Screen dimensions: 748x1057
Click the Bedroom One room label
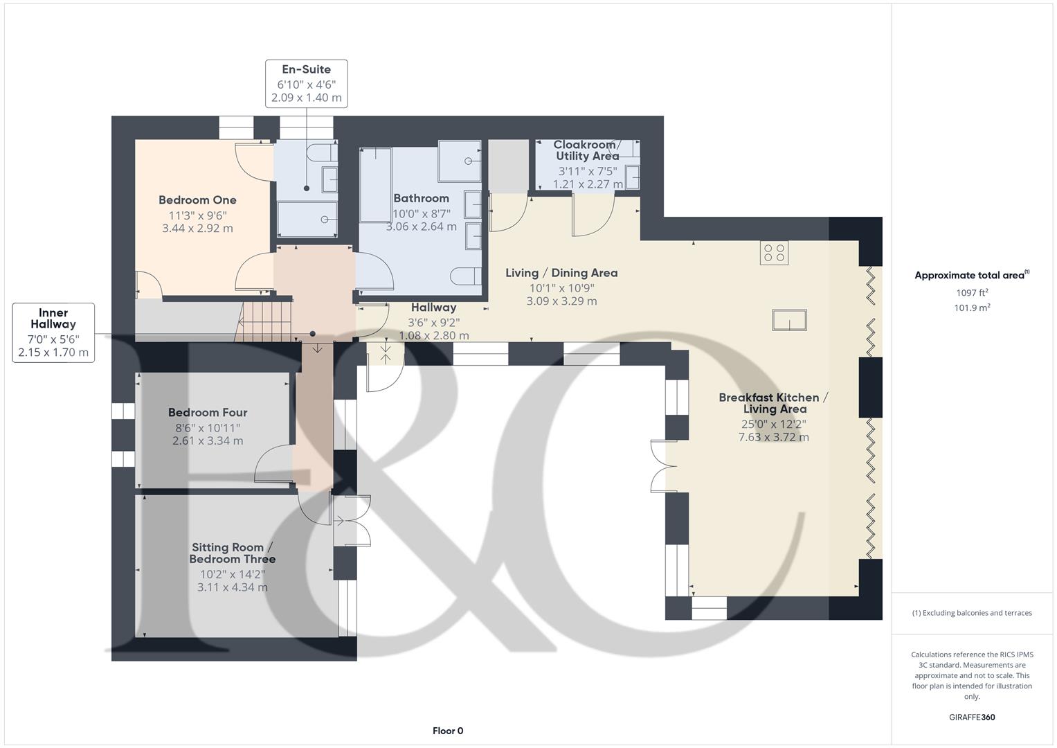(x=197, y=200)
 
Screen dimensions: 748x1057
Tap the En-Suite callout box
(x=306, y=84)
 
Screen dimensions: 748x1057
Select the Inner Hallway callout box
(x=53, y=332)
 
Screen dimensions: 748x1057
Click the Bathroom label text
(x=421, y=198)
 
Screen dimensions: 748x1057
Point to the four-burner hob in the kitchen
(x=774, y=253)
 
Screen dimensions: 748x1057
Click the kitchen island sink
(x=789, y=319)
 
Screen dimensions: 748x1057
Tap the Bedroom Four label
(x=208, y=412)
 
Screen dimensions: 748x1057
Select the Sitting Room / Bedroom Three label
(x=233, y=553)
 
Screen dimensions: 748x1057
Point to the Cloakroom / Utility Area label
(x=587, y=150)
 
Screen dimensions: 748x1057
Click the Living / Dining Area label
(x=561, y=273)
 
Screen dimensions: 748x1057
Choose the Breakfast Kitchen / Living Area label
(x=773, y=403)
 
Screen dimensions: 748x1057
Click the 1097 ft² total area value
(x=972, y=292)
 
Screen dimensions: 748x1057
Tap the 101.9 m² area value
(x=972, y=308)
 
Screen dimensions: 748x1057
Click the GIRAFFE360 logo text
(x=972, y=717)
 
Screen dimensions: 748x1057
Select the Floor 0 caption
(x=448, y=731)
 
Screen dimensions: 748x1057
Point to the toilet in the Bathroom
(x=466, y=276)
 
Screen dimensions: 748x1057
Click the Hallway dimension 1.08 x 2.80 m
(x=434, y=336)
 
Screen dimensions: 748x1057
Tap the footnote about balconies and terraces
(x=972, y=613)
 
